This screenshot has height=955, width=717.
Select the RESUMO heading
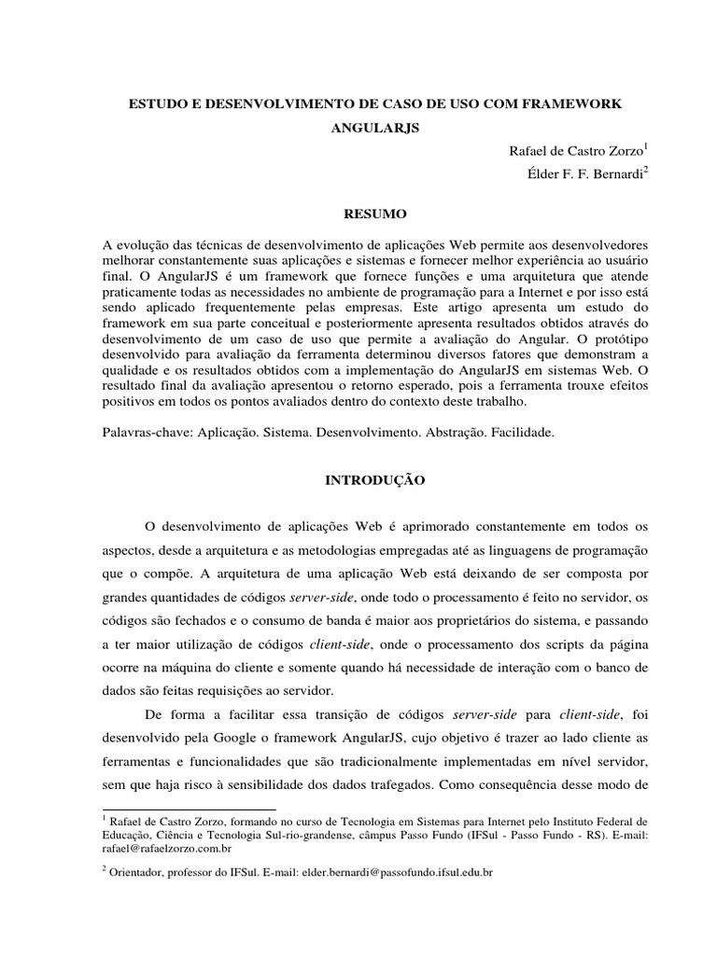pyautogui.click(x=373, y=214)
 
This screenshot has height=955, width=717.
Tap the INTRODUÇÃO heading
pyautogui.click(x=373, y=480)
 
